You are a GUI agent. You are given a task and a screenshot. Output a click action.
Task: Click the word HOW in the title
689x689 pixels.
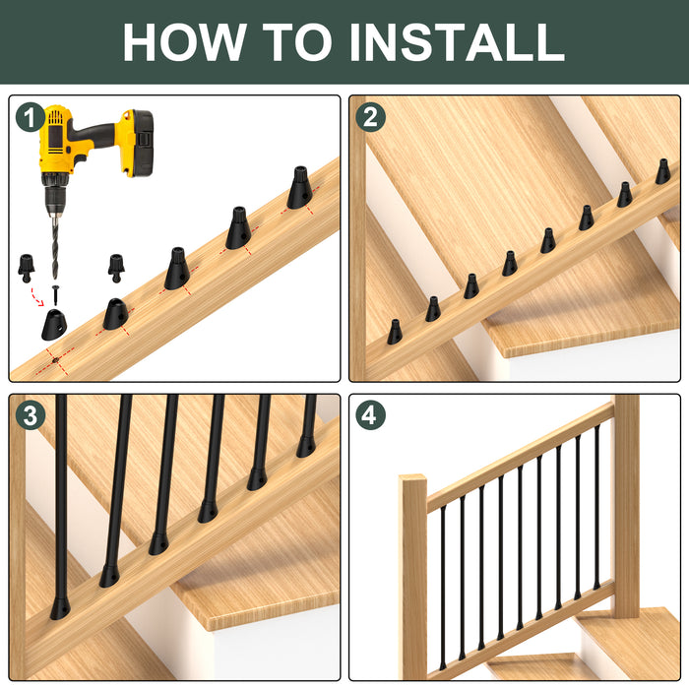[x=184, y=41]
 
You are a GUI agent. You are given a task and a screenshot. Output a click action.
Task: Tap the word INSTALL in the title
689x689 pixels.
[x=457, y=41]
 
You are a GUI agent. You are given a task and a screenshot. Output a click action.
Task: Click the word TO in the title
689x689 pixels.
[x=297, y=41]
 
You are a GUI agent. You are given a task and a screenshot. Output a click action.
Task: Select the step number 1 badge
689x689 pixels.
[x=31, y=117]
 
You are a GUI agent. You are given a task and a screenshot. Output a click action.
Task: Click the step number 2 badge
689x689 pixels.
[x=370, y=117]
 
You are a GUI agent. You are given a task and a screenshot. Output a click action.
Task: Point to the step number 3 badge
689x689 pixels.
[x=31, y=415]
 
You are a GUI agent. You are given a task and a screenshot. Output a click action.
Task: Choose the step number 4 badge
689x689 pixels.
[x=370, y=415]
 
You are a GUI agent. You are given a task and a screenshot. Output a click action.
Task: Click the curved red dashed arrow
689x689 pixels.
[x=36, y=297]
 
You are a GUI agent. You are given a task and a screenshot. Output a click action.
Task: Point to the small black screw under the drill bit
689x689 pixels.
[x=55, y=295]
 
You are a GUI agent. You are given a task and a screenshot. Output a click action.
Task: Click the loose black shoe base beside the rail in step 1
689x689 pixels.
[x=53, y=325]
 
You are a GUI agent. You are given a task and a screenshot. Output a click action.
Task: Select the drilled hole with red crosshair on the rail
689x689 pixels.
[x=55, y=360]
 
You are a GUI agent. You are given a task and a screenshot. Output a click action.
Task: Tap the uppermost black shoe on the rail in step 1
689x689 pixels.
[x=300, y=187]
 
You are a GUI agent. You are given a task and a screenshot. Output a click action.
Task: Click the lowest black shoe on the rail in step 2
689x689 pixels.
[x=395, y=332]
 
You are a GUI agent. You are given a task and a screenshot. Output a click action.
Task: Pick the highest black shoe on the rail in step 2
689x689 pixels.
[x=663, y=171]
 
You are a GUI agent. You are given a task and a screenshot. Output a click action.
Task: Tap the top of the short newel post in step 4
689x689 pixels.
[x=413, y=478]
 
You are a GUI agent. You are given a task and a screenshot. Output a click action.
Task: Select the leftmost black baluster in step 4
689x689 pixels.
[x=443, y=588]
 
